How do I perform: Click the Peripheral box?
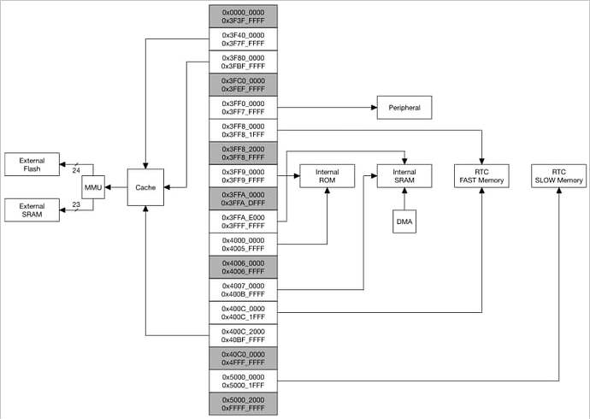[x=404, y=108]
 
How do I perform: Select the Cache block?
[x=145, y=186]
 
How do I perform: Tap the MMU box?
[x=93, y=186]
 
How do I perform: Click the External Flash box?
[x=32, y=163]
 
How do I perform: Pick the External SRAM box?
[x=32, y=209]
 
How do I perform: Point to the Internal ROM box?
[x=327, y=176]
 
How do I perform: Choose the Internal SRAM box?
[x=404, y=176]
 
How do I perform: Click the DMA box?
[x=404, y=222]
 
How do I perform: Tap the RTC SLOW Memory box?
[x=558, y=176]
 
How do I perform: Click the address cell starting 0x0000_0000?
[x=243, y=16]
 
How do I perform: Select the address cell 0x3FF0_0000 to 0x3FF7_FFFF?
[x=243, y=107]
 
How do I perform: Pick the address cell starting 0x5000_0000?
[x=243, y=381]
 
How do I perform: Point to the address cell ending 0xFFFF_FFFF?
[x=243, y=404]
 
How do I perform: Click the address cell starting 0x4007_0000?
[x=243, y=290]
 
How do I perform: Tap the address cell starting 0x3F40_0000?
[x=243, y=38]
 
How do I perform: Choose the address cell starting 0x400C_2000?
[x=243, y=335]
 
